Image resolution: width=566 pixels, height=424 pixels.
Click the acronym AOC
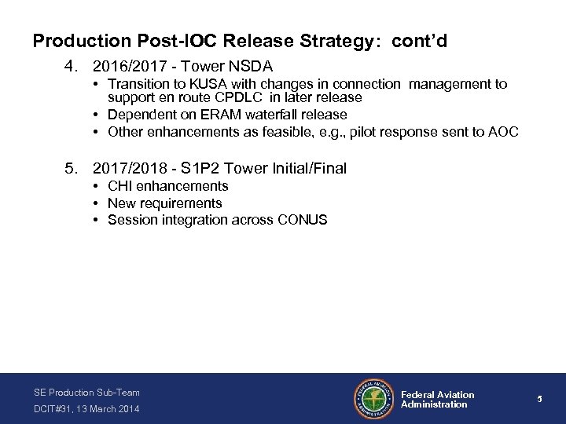pos(503,131)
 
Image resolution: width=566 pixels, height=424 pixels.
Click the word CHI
pos(120,186)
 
